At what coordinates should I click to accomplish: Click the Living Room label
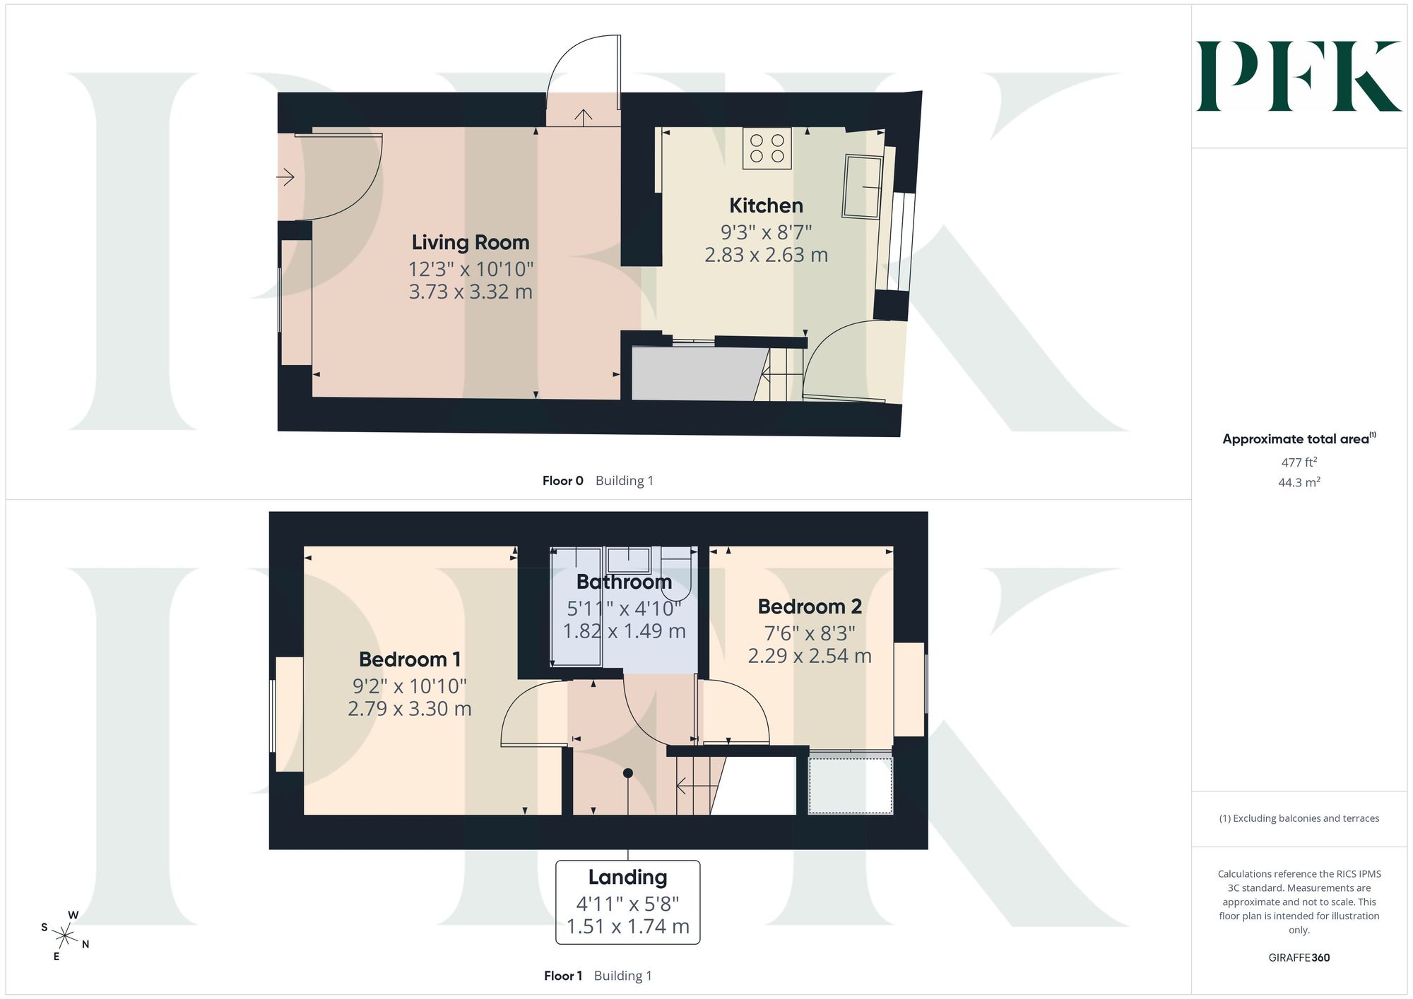pos(471,242)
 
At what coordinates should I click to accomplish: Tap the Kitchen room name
pos(766,205)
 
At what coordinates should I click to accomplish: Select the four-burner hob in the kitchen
pos(767,148)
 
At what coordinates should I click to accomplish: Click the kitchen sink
pos(863,186)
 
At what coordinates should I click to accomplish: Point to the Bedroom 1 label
pos(410,659)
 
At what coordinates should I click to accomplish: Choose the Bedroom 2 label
pos(810,606)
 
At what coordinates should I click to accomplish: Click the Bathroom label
pos(624,582)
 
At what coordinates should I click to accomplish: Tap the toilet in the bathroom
pos(676,569)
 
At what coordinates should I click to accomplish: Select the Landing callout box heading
pos(627,877)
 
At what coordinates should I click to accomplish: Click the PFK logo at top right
pos(1299,76)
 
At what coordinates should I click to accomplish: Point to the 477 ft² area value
pos(1299,462)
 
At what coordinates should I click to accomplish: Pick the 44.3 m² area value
pos(1299,483)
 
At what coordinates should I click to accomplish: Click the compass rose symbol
pos(65,937)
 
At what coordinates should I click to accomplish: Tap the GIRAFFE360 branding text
pos(1299,958)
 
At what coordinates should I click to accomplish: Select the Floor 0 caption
pos(562,481)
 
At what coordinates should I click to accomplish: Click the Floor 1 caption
pos(563,976)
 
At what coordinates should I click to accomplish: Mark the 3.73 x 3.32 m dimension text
pos(471,292)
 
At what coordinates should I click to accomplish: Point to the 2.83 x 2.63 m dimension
pos(766,255)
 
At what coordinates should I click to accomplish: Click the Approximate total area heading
pos(1299,438)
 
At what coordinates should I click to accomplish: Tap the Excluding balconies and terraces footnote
pos(1299,818)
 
